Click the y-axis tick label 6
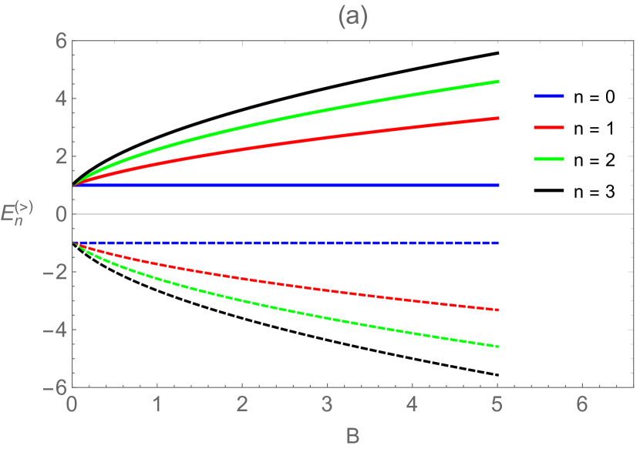point(58,41)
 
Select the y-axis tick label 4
point(58,99)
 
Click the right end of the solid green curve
point(498,82)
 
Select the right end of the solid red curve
point(498,119)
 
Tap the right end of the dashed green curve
point(498,347)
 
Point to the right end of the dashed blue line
point(498,243)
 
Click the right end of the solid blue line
point(498,186)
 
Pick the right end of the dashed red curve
point(498,310)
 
